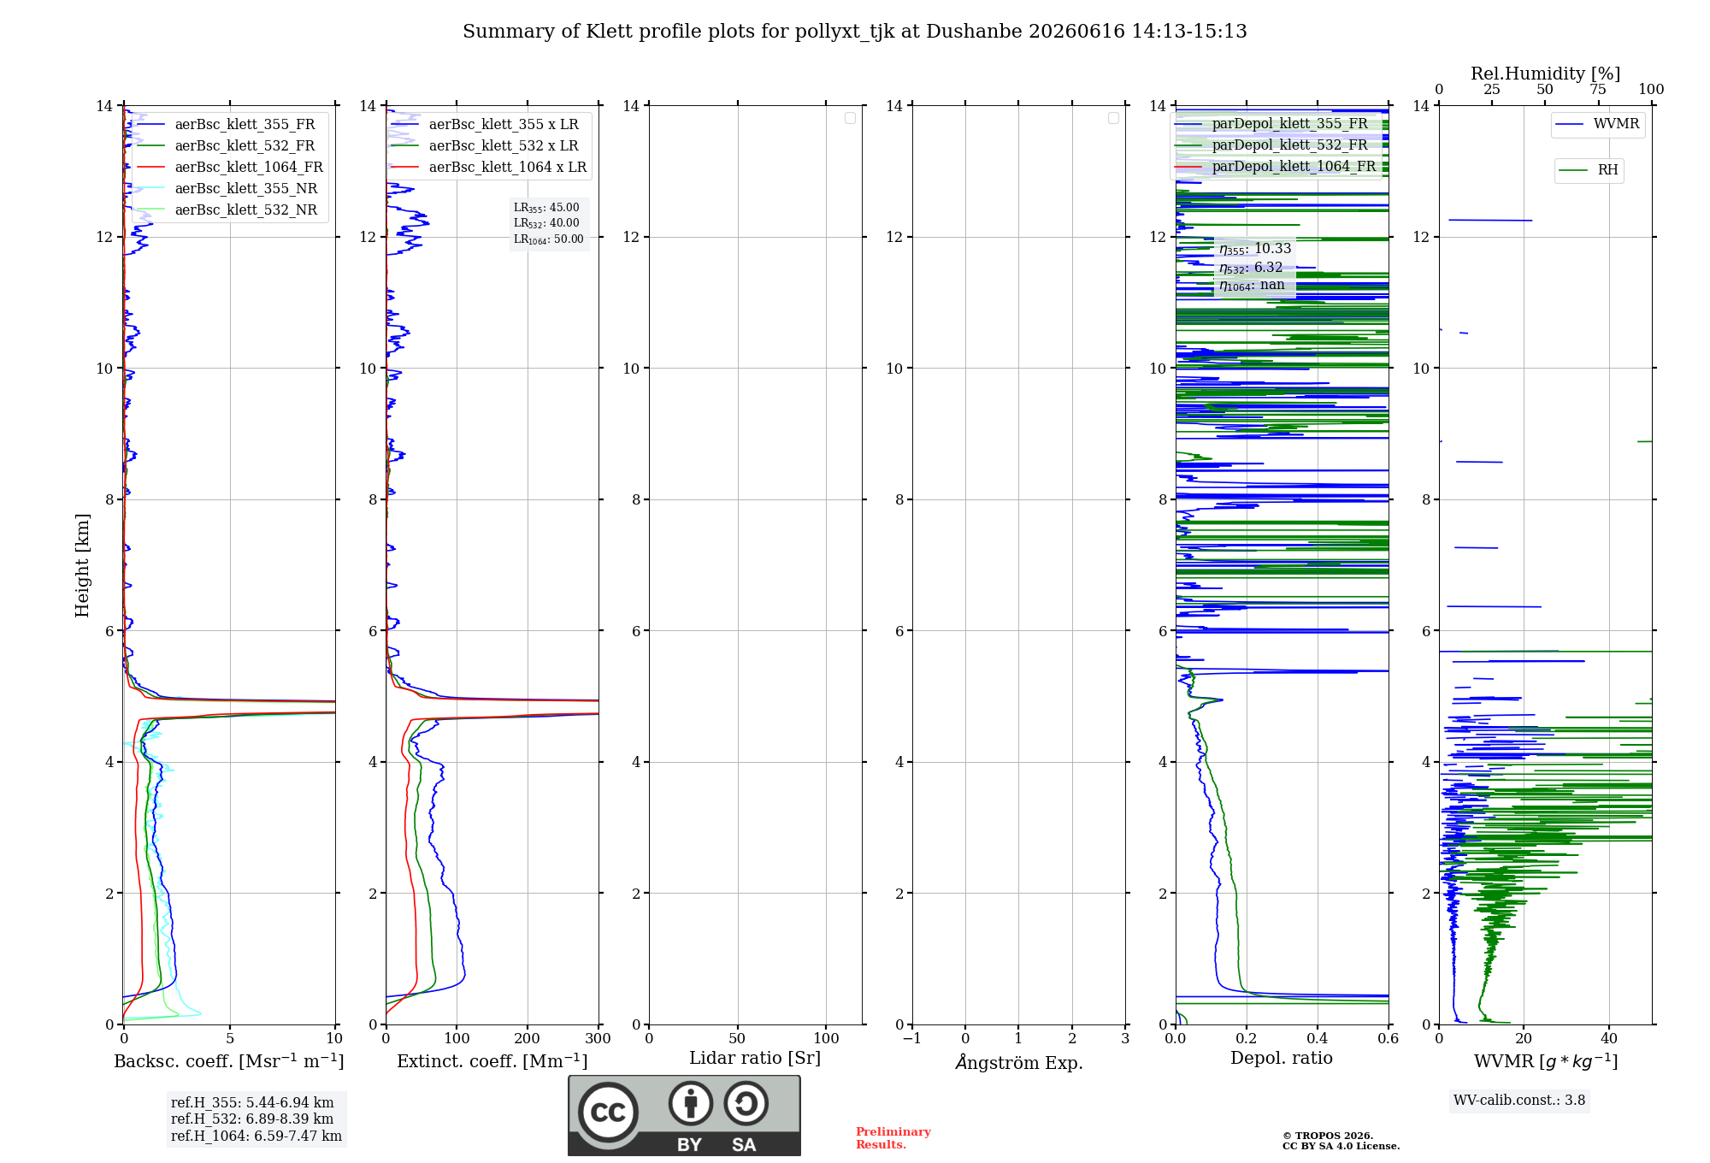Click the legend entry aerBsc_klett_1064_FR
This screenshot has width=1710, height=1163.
click(230, 168)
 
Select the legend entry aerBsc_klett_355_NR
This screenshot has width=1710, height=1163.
click(227, 189)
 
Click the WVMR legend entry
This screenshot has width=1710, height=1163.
click(1597, 124)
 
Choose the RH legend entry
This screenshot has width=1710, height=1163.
click(1589, 170)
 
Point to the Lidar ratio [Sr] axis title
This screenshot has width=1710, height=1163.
click(755, 1059)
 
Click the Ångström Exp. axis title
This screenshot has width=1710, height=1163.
click(1019, 1062)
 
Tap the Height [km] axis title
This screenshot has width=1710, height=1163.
click(82, 565)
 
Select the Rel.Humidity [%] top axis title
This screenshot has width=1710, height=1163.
click(1546, 74)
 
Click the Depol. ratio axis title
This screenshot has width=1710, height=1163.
click(1282, 1058)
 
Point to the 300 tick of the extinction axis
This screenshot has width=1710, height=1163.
click(598, 1038)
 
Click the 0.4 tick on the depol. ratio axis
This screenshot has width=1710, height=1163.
click(1318, 1038)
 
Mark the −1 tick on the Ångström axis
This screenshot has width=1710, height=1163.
click(912, 1038)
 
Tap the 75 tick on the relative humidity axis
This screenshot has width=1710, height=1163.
click(1598, 90)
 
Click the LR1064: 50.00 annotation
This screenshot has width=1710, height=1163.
click(549, 239)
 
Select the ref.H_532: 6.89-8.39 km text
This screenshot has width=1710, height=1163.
click(252, 1119)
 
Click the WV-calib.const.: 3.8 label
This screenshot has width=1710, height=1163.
click(1519, 1101)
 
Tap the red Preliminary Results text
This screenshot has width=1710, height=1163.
click(893, 1138)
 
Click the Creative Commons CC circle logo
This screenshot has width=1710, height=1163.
click(608, 1113)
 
